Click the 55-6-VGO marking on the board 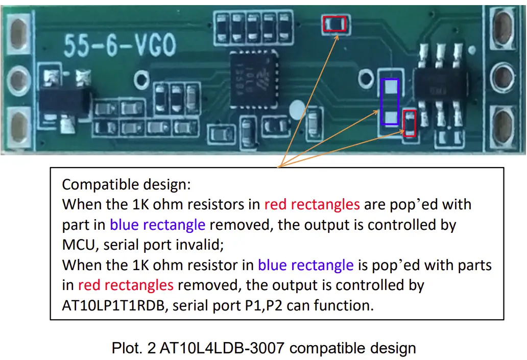click(x=119, y=46)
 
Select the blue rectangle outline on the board click(x=390, y=101)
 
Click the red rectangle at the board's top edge click(x=336, y=23)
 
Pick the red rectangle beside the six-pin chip click(x=410, y=123)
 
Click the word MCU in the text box click(x=79, y=245)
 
